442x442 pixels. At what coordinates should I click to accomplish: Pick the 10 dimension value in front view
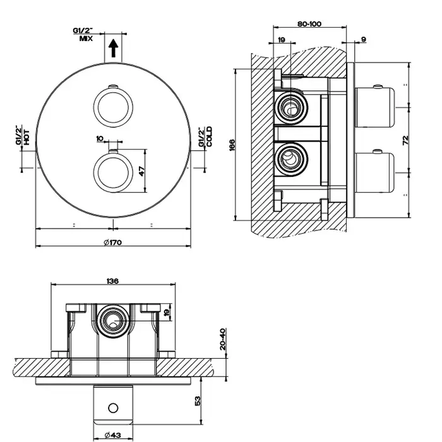(99, 138)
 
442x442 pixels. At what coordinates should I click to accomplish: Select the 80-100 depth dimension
(309, 24)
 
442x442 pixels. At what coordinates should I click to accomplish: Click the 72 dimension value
(406, 138)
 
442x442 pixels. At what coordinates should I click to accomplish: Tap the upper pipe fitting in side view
(290, 106)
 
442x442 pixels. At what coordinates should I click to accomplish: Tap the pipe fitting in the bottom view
(112, 320)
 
